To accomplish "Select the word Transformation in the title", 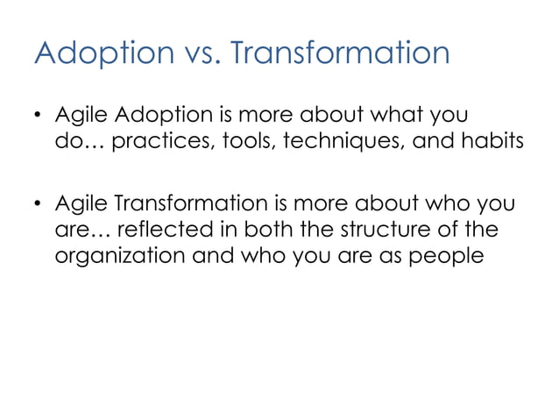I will click(x=341, y=54).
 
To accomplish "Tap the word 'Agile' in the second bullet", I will click(x=81, y=206).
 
